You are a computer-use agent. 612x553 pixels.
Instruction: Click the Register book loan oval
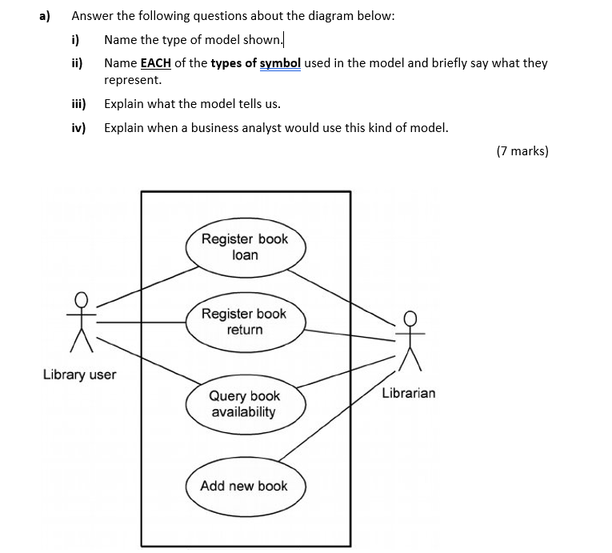click(246, 246)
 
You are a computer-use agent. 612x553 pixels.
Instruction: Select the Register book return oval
click(245, 322)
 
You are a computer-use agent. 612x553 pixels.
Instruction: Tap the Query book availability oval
click(245, 404)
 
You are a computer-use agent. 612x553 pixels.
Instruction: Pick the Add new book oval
click(244, 486)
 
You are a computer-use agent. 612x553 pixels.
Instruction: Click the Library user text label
click(79, 375)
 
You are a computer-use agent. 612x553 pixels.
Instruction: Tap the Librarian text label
click(409, 393)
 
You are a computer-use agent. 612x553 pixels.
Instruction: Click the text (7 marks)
click(522, 151)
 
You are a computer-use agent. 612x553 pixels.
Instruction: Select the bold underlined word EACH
click(157, 62)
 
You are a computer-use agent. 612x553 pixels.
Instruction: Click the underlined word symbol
click(280, 62)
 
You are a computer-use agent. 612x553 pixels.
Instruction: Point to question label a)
click(46, 16)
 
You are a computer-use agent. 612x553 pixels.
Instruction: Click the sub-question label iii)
click(78, 103)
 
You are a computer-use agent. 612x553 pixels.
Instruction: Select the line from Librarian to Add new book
click(336, 418)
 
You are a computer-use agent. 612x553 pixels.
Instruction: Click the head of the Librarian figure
click(410, 318)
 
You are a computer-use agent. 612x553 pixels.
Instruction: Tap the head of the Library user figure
click(80, 299)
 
